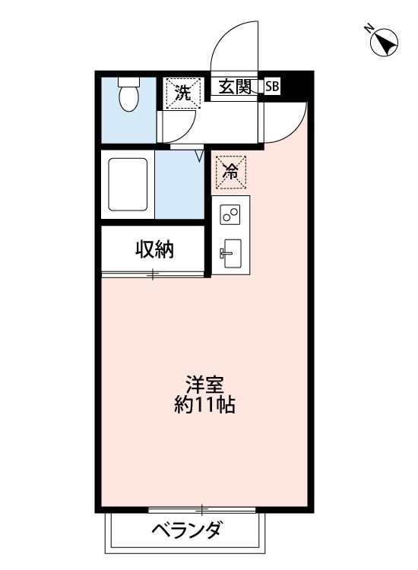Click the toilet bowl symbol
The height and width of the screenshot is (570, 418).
point(128,99)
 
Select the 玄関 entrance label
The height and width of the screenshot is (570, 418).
point(234,87)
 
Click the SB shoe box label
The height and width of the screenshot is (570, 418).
point(272,87)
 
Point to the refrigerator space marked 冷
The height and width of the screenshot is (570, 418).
point(231,173)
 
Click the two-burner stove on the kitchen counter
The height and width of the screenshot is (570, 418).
point(230,214)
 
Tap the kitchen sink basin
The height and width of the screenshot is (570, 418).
point(233,253)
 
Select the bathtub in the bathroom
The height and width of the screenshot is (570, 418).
point(128,184)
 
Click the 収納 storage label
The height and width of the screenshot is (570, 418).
point(155,249)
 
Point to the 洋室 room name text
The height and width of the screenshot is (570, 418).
point(204,385)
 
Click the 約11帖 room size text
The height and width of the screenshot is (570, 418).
point(204,404)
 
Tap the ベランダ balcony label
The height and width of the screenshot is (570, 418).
point(186,530)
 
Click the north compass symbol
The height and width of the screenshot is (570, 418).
point(384,42)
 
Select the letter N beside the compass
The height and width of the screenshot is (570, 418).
point(369,27)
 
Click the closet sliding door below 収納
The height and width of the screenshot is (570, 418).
point(153,275)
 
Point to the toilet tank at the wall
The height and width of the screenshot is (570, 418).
point(128,82)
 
